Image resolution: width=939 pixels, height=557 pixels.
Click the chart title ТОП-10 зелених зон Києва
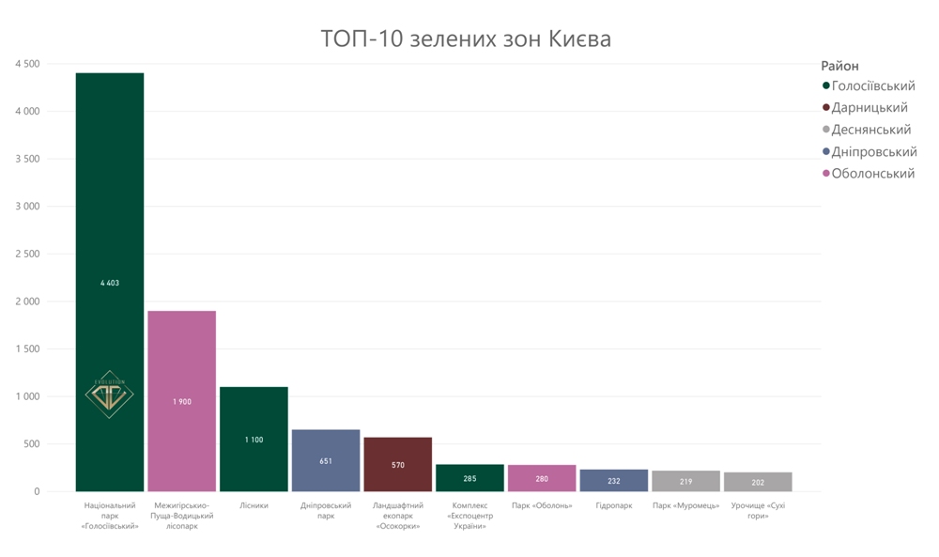click(x=466, y=39)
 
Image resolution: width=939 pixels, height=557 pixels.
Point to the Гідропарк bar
click(x=614, y=480)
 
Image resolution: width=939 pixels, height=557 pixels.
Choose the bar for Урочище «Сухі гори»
click(x=758, y=482)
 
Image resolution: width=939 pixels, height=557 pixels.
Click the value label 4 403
click(x=110, y=283)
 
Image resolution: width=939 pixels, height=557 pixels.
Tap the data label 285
click(x=469, y=479)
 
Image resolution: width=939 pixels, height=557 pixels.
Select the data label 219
click(x=685, y=482)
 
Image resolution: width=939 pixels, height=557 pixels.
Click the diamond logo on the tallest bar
click(x=110, y=394)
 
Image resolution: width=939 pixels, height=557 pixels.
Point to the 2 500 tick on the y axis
click(x=27, y=254)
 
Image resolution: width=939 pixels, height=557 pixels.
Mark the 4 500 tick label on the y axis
click(x=27, y=64)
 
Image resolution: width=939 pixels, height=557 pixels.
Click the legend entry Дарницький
click(x=870, y=108)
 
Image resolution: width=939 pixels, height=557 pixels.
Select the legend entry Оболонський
click(x=872, y=174)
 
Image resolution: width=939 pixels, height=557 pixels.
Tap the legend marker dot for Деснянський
click(x=826, y=130)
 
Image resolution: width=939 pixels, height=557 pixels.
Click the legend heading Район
click(x=839, y=66)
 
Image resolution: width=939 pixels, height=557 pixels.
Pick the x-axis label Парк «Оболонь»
click(x=542, y=506)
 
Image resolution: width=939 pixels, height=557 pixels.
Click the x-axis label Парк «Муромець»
click(x=685, y=506)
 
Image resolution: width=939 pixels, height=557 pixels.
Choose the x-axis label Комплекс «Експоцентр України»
click(x=469, y=516)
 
